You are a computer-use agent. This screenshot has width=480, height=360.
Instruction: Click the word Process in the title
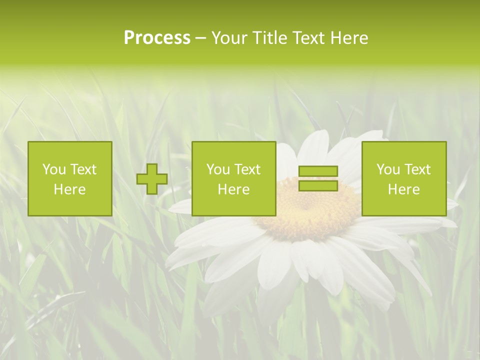157,38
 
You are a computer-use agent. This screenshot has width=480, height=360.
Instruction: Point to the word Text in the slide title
309,38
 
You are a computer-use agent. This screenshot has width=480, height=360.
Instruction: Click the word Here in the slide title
349,38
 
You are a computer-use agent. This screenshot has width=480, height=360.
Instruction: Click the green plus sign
152,179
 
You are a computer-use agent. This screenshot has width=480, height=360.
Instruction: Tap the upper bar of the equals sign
318,171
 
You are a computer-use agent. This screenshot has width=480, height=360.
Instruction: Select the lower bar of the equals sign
318,185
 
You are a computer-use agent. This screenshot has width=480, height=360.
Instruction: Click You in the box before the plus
53,169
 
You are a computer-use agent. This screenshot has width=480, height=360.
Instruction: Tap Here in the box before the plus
69,189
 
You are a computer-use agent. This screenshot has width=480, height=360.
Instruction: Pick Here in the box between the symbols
233,189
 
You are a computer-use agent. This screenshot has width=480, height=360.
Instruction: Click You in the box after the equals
387,169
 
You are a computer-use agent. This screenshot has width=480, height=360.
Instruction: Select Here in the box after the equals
403,189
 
